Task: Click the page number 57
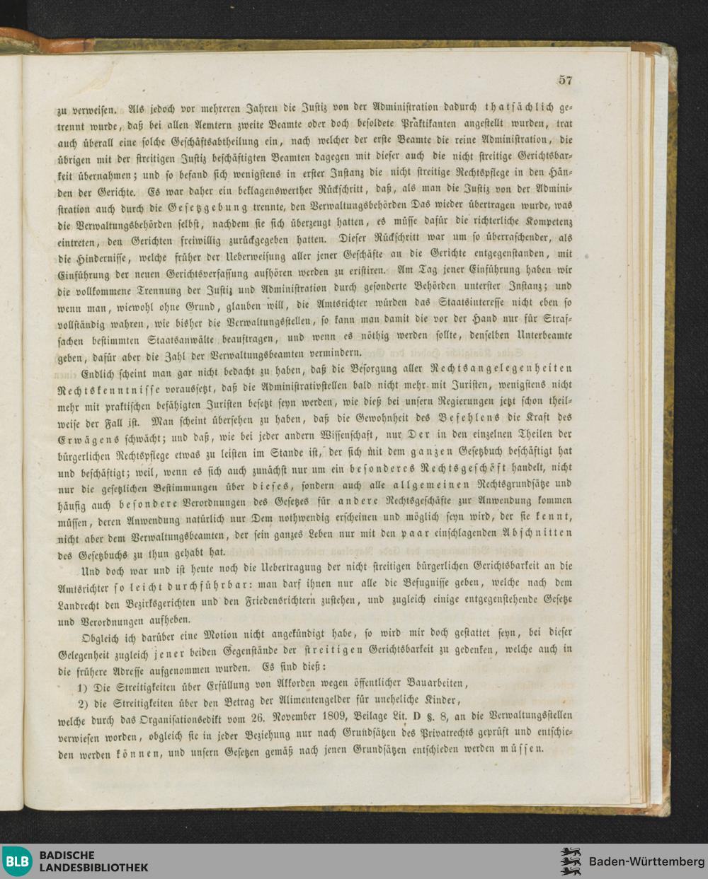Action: pos(564,80)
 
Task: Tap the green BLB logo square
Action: pos(16,861)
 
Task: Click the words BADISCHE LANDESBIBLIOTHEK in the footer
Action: pos(93,861)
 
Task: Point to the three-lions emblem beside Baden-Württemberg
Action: pos(570,861)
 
